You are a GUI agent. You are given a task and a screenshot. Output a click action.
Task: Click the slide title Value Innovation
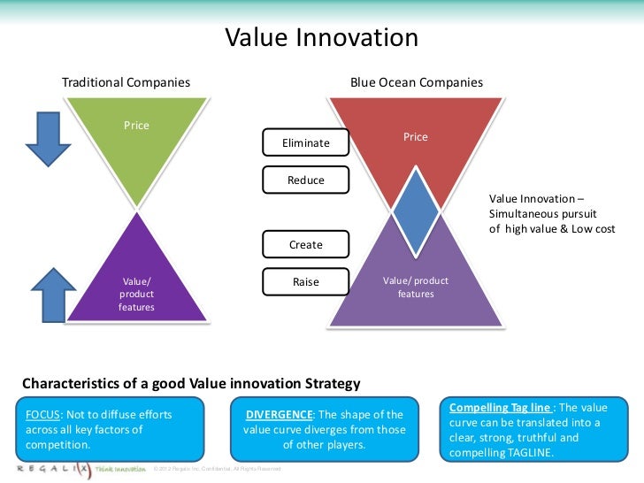(321, 38)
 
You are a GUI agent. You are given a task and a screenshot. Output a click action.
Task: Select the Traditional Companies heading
(126, 82)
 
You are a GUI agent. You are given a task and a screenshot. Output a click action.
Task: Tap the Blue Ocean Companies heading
(416, 82)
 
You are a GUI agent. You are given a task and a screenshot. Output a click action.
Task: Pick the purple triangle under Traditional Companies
(136, 279)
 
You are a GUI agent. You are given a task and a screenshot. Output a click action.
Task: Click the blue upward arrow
(52, 292)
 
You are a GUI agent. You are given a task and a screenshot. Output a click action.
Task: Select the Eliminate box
(305, 142)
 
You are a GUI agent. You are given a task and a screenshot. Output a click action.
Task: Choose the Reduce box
(305, 180)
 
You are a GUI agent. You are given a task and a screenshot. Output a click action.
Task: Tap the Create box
(305, 245)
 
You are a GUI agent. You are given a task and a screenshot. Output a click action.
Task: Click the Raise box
(305, 282)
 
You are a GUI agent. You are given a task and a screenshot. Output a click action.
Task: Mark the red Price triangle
(416, 142)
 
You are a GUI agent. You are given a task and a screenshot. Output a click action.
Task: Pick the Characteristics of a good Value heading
(191, 384)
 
